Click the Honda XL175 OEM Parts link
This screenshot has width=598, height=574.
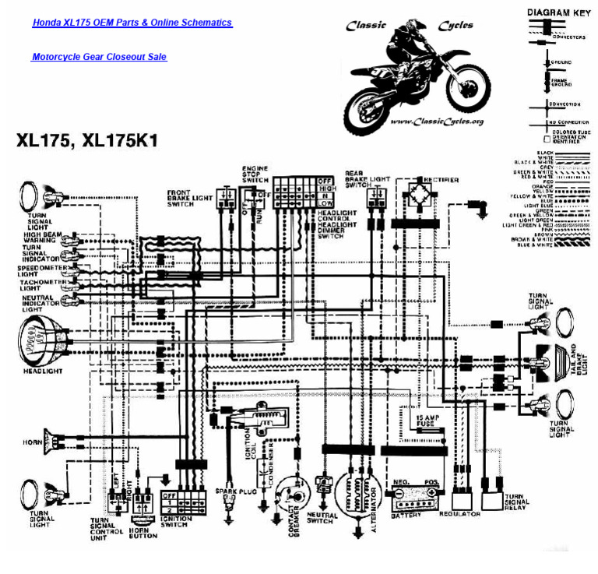[132, 23]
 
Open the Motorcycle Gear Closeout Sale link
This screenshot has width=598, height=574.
[99, 57]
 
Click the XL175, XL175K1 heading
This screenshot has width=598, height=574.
[87, 141]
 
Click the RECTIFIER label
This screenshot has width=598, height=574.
[441, 180]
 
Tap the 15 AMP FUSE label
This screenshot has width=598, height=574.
[426, 421]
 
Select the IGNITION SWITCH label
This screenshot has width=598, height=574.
[178, 521]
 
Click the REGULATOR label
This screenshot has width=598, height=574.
[459, 515]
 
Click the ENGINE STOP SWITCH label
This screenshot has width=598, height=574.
[255, 174]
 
